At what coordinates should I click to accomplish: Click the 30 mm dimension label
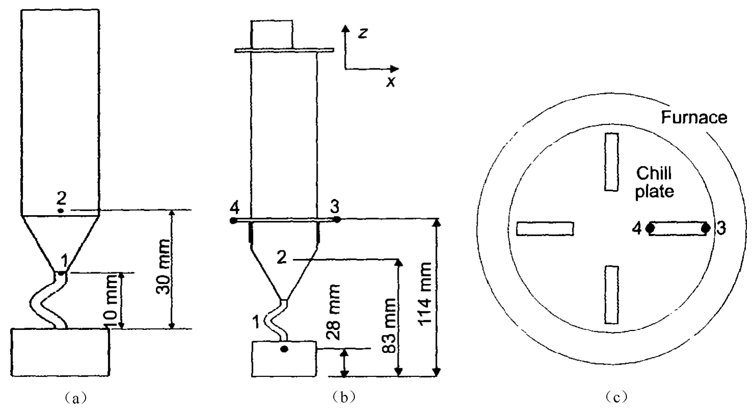164,267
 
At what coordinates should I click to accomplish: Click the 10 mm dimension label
111,301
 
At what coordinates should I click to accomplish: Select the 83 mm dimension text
389,325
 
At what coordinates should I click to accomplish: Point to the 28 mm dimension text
333,312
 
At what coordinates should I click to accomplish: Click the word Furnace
694,117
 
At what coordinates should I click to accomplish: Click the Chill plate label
654,183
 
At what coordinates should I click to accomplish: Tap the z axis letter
362,33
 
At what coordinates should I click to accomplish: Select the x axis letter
391,82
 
